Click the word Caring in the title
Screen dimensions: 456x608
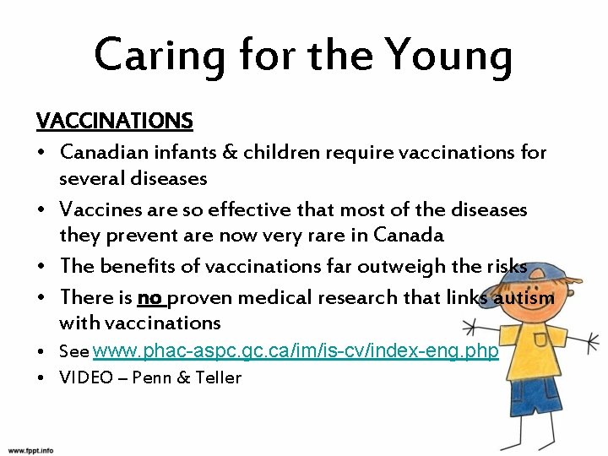coord(160,55)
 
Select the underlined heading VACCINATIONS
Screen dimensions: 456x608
coord(115,122)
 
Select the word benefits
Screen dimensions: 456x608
coord(139,266)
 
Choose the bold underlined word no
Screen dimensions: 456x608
coord(149,297)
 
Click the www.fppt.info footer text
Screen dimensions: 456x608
coord(30,450)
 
